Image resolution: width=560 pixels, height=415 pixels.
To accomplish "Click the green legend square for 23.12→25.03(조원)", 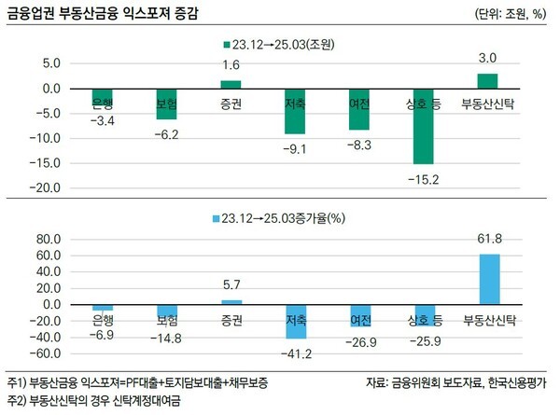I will coord(227,45).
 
